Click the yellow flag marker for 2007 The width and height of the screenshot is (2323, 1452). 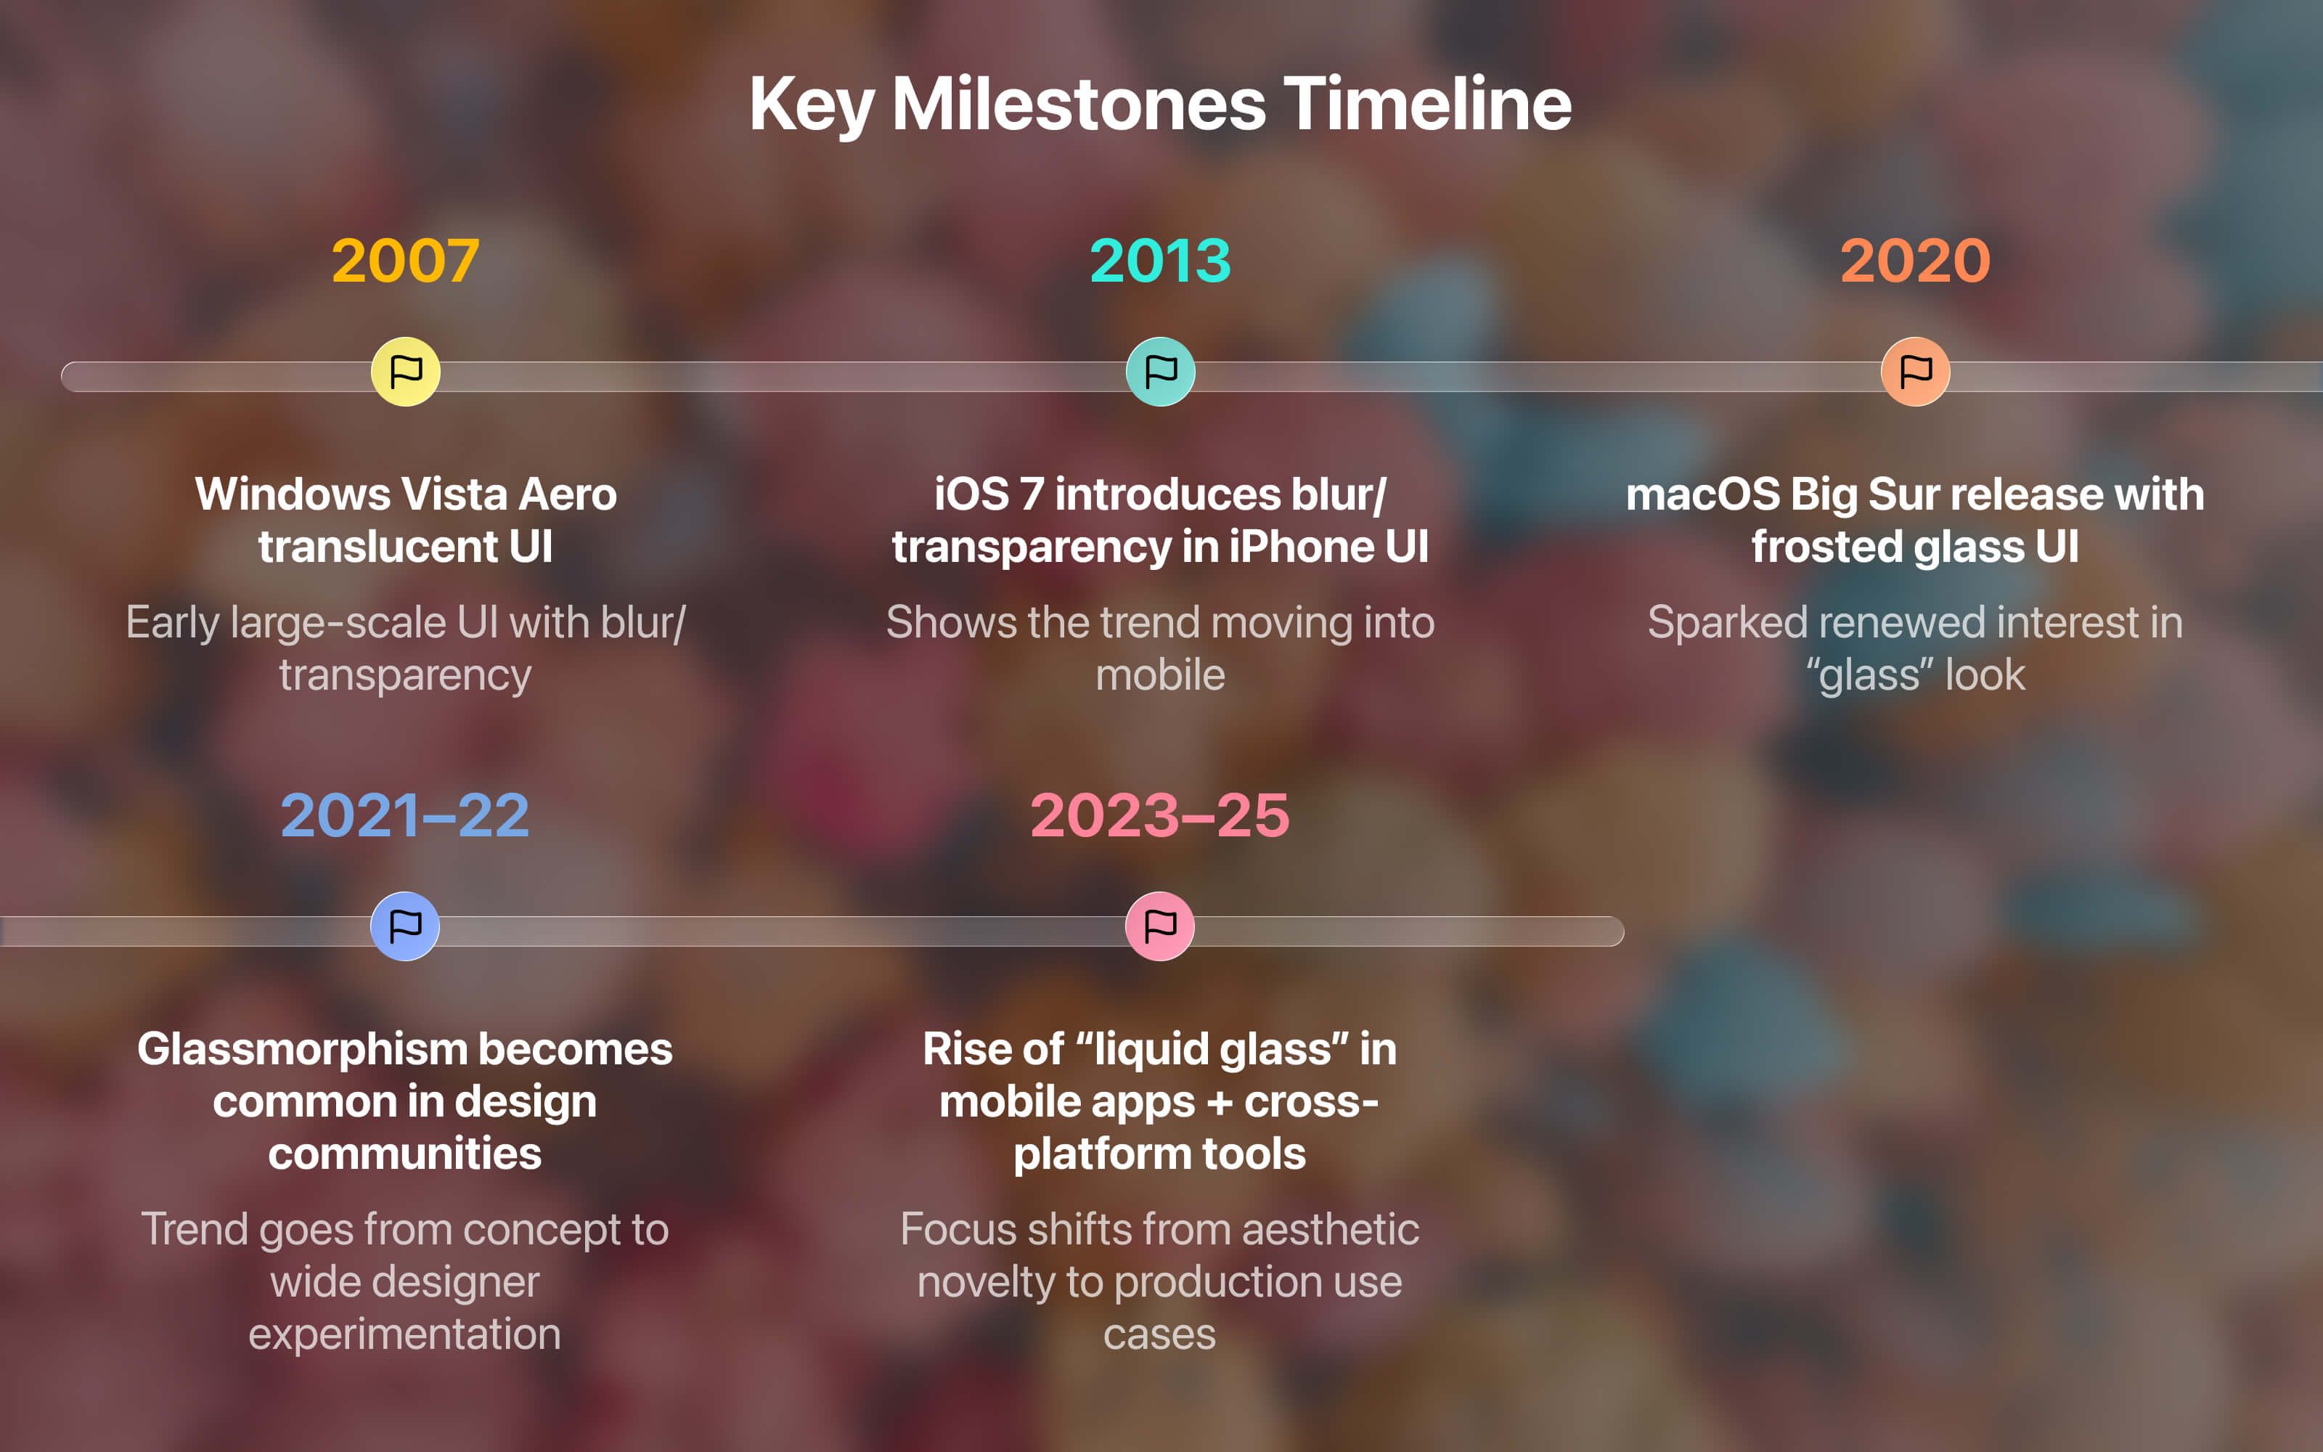coord(405,372)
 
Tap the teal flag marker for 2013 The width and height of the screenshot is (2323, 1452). coord(1161,372)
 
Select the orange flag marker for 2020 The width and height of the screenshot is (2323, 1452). coord(1915,372)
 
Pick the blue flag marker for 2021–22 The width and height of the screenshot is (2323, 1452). coord(405,926)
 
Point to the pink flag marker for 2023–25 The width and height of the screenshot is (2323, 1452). coord(1159,926)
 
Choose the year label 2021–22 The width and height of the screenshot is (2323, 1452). coord(405,815)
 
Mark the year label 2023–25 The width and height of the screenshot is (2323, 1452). coord(1159,815)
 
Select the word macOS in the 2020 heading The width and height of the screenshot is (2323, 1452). coord(1703,494)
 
